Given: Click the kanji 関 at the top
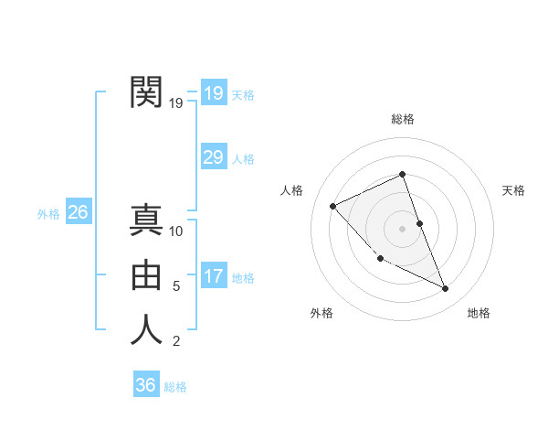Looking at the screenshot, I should click(x=147, y=92).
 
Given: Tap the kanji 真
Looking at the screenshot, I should click(x=147, y=220).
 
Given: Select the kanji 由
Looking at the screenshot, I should click(x=147, y=274).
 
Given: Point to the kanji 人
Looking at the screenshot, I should click(x=147, y=329).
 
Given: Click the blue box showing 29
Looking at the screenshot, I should click(x=213, y=157).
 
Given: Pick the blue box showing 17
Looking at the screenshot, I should click(x=213, y=276).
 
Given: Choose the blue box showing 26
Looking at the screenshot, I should click(x=78, y=212).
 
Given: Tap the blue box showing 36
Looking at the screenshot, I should click(x=146, y=385).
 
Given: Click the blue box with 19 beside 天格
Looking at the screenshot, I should click(x=213, y=93).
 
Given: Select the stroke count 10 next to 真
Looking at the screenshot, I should click(x=177, y=231).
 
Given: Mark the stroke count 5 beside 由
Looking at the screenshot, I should click(x=176, y=286).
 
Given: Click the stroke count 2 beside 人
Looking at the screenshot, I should click(x=176, y=341).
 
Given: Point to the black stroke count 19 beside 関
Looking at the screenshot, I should click(x=176, y=103).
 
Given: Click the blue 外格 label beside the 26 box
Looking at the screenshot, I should click(x=48, y=214).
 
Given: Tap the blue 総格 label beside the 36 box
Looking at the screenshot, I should click(x=175, y=387).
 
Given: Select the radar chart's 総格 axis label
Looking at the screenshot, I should click(x=402, y=119).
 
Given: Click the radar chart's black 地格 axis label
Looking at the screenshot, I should click(x=479, y=313).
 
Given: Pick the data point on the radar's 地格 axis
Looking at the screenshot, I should click(x=446, y=289).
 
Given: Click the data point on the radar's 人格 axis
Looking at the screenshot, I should click(x=333, y=206).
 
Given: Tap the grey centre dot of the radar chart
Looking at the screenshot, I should click(x=402, y=228).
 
